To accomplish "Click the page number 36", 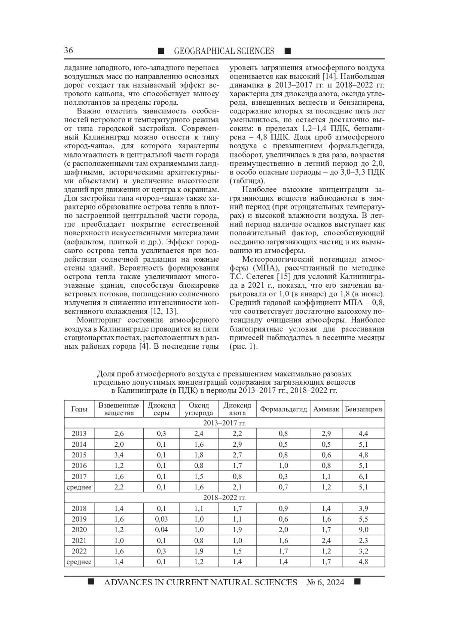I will (x=68, y=51).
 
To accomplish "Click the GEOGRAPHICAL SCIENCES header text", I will (x=224, y=51).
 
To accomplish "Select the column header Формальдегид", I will (x=283, y=409).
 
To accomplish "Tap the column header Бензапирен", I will (x=363, y=409).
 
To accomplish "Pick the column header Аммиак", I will (x=326, y=409).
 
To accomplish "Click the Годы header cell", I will (x=79, y=409).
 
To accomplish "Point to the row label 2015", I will (x=79, y=455).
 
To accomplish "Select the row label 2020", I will (x=79, y=529).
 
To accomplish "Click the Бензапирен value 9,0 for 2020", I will (x=363, y=529).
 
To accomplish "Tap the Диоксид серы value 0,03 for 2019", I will (x=161, y=519).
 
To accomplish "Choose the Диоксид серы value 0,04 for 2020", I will (x=161, y=529).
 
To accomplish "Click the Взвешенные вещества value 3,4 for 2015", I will (x=119, y=455).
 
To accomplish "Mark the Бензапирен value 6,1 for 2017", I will (x=363, y=476).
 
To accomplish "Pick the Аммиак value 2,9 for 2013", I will (x=326, y=434).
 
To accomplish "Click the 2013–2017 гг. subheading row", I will (x=224, y=423).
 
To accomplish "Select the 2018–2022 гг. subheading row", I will (x=224, y=498).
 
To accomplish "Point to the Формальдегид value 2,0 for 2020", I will (x=283, y=529).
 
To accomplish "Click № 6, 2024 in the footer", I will (x=325, y=582).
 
